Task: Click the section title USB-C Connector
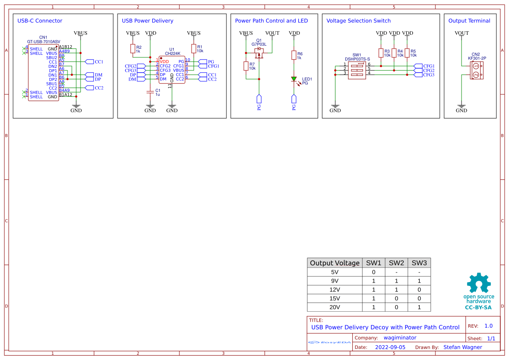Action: (40, 21)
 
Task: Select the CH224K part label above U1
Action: (172, 54)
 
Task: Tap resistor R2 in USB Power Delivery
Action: (133, 48)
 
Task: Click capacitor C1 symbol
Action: (150, 92)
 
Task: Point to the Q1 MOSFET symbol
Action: (259, 52)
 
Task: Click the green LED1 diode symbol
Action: (294, 79)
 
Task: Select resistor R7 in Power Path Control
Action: (246, 66)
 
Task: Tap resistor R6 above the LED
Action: (294, 55)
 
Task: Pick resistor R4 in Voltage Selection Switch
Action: (394, 53)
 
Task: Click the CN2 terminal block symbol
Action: (475, 70)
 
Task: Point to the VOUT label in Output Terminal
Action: (462, 33)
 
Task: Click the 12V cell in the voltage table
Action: (334, 289)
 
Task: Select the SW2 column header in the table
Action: (396, 263)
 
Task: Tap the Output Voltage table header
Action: (334, 263)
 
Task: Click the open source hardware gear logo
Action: (479, 283)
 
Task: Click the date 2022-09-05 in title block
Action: (390, 347)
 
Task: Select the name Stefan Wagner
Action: (462, 347)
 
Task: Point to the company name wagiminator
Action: (400, 338)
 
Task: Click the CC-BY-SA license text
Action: (478, 307)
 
